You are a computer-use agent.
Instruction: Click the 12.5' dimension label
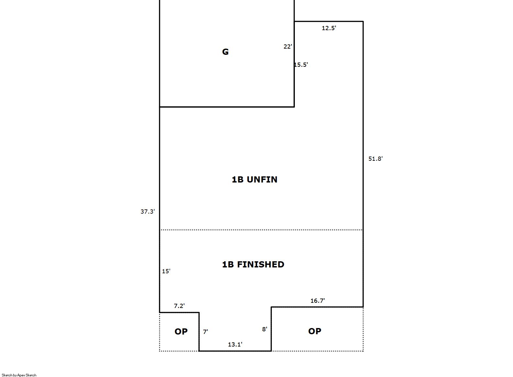click(329, 28)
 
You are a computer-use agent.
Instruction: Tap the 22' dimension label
click(288, 47)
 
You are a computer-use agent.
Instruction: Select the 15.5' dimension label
click(301, 65)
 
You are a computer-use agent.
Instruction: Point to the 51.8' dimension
click(375, 159)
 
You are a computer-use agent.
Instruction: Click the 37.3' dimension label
click(148, 211)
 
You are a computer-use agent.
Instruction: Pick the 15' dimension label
click(166, 271)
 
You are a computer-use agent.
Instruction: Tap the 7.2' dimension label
click(179, 306)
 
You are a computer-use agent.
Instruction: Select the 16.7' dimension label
click(318, 300)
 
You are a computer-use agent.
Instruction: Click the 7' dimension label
click(206, 332)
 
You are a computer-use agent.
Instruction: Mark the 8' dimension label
click(264, 329)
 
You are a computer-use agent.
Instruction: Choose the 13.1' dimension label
click(235, 345)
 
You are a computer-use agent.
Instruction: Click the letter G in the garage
click(225, 52)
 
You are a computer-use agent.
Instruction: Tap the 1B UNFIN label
click(254, 179)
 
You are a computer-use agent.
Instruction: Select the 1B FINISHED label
click(253, 265)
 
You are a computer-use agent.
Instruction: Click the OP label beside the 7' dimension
click(181, 331)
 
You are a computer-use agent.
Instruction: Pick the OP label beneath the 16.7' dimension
click(315, 331)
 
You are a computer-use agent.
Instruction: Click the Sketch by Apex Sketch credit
click(19, 375)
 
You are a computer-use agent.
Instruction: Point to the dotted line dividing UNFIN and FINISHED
click(261, 230)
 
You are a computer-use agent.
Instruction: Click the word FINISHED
click(261, 265)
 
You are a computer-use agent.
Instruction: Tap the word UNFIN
click(262, 179)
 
